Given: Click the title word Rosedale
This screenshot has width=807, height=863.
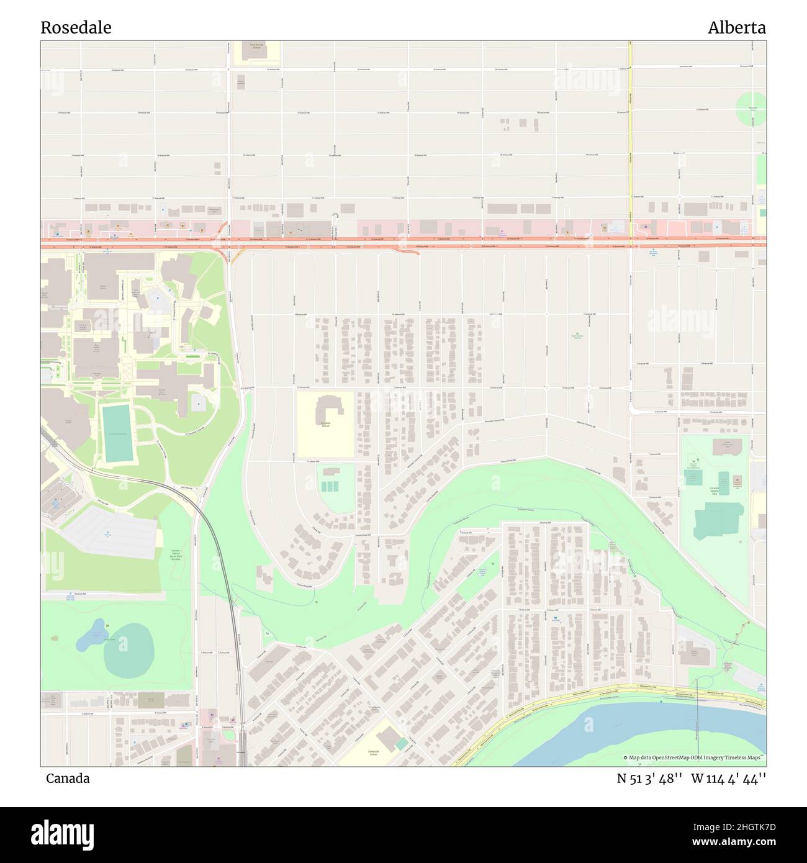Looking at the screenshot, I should coord(76,28).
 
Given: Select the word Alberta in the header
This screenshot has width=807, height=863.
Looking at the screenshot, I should coord(736,28).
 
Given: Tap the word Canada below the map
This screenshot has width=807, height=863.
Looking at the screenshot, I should coord(67,779).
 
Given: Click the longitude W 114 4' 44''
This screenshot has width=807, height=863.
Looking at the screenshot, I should coord(728,779).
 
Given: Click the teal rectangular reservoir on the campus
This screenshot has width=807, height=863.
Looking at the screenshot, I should coord(118,433).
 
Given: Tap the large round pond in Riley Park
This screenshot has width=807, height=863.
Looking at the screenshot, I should coord(129,651).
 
